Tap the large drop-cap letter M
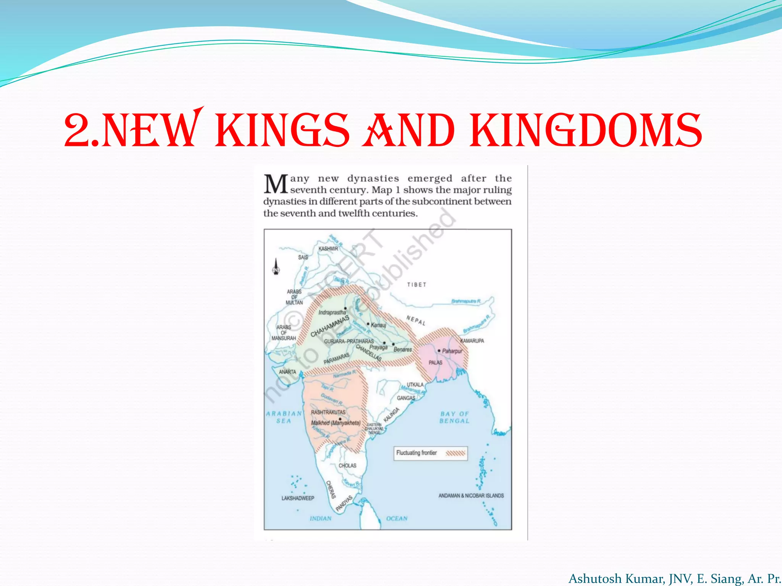tap(276, 184)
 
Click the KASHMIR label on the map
tap(328, 249)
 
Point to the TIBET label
tap(417, 285)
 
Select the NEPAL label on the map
tap(416, 320)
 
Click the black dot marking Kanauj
tap(368, 324)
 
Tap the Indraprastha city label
tap(332, 312)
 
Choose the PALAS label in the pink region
tap(435, 362)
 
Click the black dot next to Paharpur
tap(439, 351)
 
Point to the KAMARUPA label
tap(472, 341)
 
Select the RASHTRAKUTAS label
tap(328, 412)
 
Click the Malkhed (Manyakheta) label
tap(336, 423)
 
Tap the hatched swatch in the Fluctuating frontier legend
tap(456, 453)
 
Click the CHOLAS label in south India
tap(347, 466)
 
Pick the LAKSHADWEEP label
tap(298, 498)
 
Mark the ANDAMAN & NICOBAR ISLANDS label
tap(471, 496)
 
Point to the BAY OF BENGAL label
tap(454, 417)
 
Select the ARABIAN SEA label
tap(284, 417)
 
